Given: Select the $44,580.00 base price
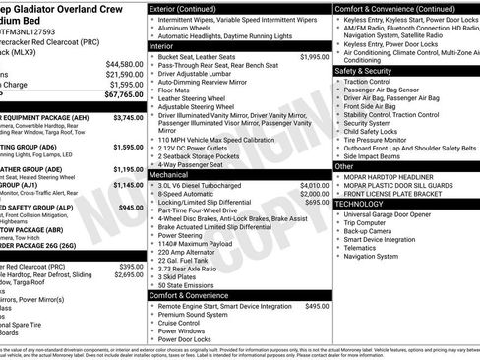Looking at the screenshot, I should tap(121, 64).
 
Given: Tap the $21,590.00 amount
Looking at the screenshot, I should tap(121, 74).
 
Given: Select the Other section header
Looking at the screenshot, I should tap(344, 166).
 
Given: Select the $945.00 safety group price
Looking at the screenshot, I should tap(131, 208).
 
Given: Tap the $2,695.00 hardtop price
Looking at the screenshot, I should tap(129, 275).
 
